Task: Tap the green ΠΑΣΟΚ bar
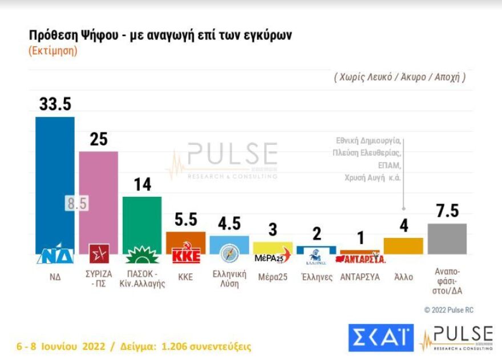click(142, 220)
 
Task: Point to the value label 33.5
click(55, 104)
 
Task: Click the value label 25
click(99, 139)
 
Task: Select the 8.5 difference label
click(76, 204)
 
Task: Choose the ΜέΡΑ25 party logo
click(272, 257)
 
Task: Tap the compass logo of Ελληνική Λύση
click(229, 252)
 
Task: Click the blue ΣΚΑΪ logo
click(380, 338)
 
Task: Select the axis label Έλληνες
click(316, 277)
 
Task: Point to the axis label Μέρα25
click(272, 277)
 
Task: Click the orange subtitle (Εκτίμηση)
click(52, 51)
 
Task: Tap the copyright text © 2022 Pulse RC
click(448, 310)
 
